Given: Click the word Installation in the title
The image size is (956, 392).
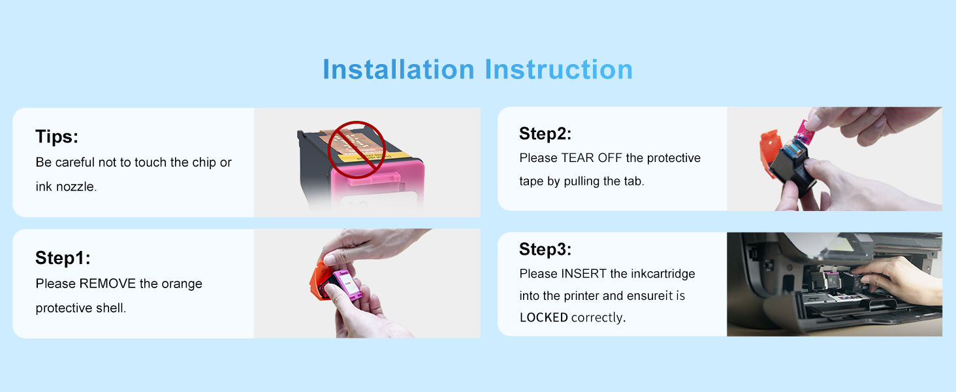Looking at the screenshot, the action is [398, 69].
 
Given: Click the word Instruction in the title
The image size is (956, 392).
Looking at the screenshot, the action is [559, 69].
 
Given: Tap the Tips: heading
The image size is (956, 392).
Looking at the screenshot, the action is [57, 137].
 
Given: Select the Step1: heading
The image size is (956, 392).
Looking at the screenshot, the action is [63, 258].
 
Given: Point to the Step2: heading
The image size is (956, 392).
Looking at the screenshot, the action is [545, 134].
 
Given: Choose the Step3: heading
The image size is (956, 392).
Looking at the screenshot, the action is [545, 250].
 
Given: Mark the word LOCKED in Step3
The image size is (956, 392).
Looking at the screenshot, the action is [544, 318].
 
